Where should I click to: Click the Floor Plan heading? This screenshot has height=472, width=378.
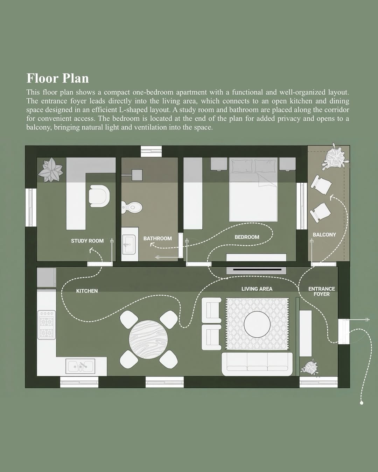(x=58, y=78)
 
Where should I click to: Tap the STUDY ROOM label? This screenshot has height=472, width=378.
(x=87, y=241)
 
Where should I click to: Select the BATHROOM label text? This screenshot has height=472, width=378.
(x=157, y=238)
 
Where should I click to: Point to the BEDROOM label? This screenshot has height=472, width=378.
(x=247, y=237)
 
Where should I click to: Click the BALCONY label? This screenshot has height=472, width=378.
(x=324, y=235)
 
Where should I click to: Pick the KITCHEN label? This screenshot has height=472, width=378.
(x=87, y=291)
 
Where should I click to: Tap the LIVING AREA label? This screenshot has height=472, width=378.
(x=257, y=289)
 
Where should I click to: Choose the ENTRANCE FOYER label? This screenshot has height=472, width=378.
(x=322, y=291)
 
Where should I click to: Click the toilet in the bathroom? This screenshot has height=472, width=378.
(x=132, y=207)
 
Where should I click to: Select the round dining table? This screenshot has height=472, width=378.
(x=148, y=339)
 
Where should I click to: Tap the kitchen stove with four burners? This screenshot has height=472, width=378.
(x=47, y=325)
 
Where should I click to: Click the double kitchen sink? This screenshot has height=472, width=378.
(x=80, y=366)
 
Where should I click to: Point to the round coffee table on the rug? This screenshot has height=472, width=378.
(x=257, y=324)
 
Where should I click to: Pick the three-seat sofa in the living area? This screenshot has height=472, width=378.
(x=257, y=364)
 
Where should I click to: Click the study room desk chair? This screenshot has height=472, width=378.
(x=99, y=196)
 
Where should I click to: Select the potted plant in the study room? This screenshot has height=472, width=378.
(x=51, y=170)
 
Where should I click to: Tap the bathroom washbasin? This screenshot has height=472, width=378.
(x=129, y=244)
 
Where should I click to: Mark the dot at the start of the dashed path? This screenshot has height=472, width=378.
(x=362, y=403)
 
